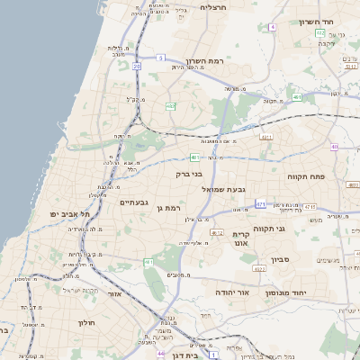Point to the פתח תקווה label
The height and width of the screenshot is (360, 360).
pyautogui.click(x=329, y=177)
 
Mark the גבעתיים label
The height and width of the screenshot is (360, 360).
pyautogui.click(x=139, y=202)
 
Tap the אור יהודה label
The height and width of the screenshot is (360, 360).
pyautogui.click(x=231, y=292)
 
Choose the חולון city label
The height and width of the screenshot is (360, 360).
pyautogui.click(x=86, y=322)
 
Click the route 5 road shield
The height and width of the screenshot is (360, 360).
pyautogui.click(x=160, y=58)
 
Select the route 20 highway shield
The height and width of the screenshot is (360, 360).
pyautogui.click(x=137, y=65)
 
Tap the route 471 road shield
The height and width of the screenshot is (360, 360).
pyautogui.click(x=260, y=204)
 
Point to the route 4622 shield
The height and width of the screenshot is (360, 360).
pyautogui.click(x=217, y=232)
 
